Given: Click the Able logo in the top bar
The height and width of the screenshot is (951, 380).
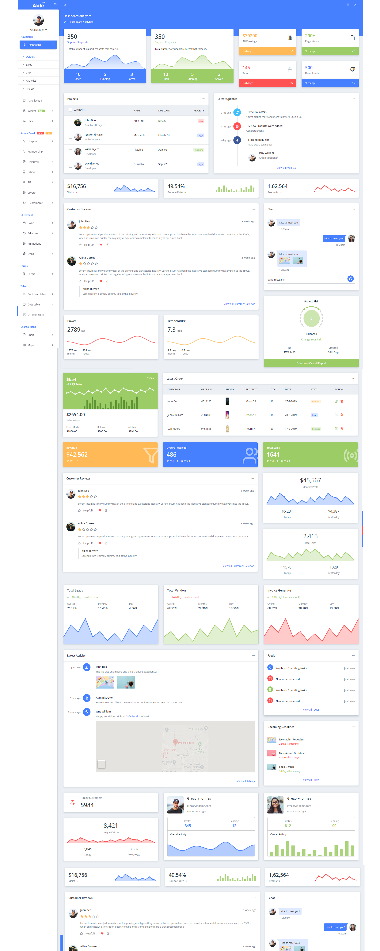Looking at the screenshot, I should pos(38,5).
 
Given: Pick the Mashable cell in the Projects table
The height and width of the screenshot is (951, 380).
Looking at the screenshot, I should pos(139,135).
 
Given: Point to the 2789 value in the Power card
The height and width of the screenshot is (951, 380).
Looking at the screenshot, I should pos(74,330).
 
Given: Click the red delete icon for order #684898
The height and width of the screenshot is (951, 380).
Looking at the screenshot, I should pos(342,415).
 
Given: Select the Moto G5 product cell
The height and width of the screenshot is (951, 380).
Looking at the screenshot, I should pos(250,401).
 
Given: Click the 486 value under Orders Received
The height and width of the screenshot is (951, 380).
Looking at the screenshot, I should pos(172,454).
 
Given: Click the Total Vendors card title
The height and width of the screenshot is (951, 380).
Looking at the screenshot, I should pos(177,590).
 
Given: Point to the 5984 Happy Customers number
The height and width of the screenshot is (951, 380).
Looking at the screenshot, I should pos(87,805).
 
